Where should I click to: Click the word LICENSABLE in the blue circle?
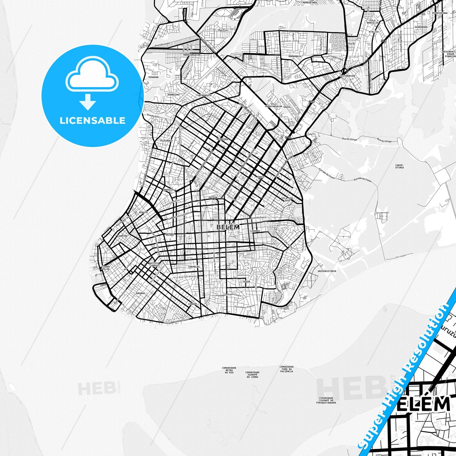92,121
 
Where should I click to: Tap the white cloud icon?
92,74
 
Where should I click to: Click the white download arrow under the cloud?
88,102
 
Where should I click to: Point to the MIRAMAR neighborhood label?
153,77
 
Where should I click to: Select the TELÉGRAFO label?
166,140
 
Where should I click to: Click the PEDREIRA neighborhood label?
222,139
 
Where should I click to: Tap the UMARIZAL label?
169,190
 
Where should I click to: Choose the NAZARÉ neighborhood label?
169,235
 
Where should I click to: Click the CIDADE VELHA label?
106,268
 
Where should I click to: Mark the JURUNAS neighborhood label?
140,293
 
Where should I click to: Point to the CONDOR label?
192,304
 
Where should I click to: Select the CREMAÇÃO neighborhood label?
194,267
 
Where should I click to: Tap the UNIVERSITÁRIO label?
327,271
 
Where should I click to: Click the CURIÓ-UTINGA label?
400,166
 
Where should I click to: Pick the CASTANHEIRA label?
347,76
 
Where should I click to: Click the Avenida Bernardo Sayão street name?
176,321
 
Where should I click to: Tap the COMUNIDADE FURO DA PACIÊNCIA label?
287,369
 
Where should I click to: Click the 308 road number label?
312,102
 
